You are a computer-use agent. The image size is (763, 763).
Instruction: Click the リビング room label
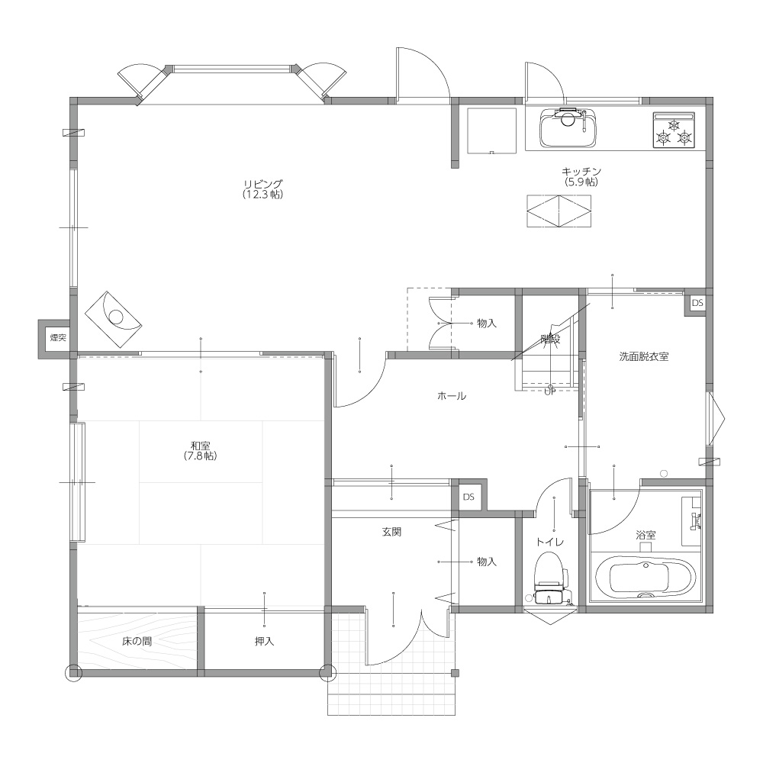(262, 184)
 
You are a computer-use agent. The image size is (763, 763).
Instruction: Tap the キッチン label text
(581, 171)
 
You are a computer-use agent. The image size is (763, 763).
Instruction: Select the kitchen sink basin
(568, 128)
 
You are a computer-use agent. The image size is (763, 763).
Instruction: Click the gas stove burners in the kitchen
(674, 130)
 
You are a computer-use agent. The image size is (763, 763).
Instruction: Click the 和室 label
(201, 446)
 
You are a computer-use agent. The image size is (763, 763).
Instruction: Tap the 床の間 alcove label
(137, 642)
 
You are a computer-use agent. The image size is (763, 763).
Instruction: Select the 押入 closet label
(264, 642)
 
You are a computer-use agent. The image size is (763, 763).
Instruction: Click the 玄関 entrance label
(391, 532)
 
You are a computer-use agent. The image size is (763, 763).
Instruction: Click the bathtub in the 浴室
(645, 579)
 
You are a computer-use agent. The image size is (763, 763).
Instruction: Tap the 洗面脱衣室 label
(644, 356)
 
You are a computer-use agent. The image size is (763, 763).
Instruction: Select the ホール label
(452, 395)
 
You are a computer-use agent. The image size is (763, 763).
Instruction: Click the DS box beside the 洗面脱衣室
(697, 303)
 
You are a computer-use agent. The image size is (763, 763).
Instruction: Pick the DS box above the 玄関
(468, 497)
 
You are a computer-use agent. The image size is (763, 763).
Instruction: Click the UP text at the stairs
(550, 391)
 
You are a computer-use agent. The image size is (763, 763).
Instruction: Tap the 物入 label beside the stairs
(487, 323)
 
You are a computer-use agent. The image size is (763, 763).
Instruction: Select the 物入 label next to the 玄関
(487, 562)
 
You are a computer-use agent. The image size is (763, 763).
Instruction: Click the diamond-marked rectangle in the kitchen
(559, 211)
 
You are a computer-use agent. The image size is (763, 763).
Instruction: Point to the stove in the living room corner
(113, 320)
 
